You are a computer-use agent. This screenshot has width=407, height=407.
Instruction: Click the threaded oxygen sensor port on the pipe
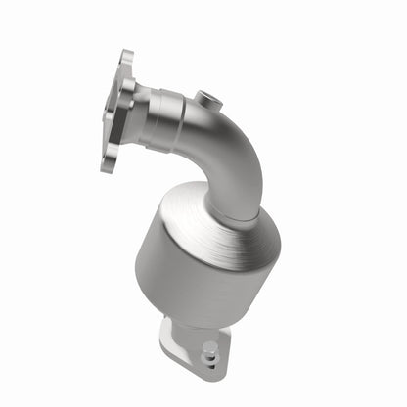[206, 98]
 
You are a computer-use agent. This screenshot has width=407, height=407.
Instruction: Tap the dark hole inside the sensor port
[207, 98]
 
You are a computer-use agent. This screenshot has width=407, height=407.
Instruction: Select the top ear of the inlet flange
[125, 60]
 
